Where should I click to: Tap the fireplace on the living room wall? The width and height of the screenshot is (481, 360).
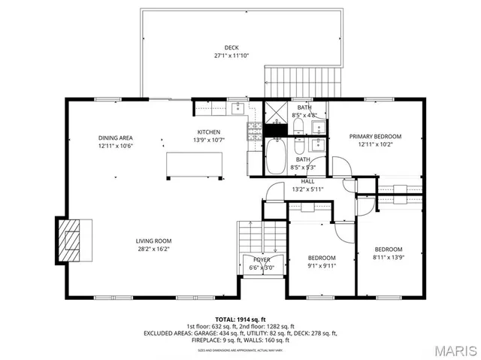pyautogui.click(x=73, y=238)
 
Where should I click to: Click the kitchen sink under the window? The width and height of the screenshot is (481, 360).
pyautogui.click(x=237, y=107)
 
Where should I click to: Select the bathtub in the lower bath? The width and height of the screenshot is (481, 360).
pyautogui.click(x=276, y=156)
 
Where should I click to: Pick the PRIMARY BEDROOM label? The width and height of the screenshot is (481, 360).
pyautogui.click(x=375, y=136)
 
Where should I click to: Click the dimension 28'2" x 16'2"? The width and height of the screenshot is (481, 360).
pyautogui.click(x=153, y=249)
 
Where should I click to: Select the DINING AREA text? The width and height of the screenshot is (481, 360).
pyautogui.click(x=115, y=138)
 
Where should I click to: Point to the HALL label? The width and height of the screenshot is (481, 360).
pyautogui.click(x=307, y=181)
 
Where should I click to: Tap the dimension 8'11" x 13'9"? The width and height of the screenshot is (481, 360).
pyautogui.click(x=389, y=257)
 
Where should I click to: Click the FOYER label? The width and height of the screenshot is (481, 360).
pyautogui.click(x=262, y=259)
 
